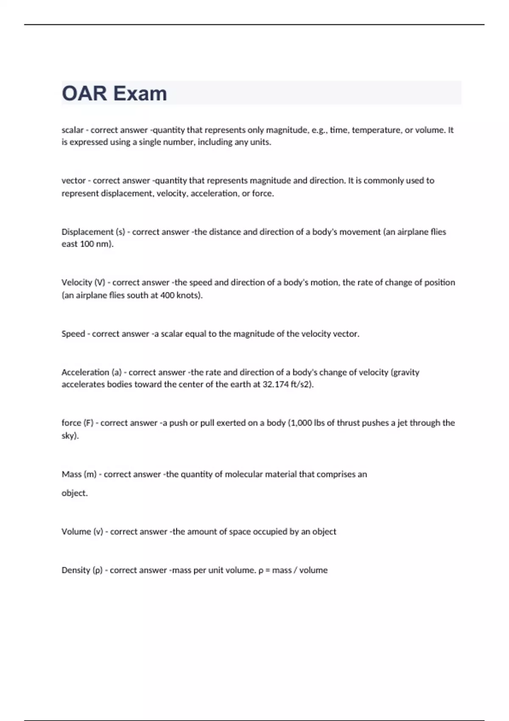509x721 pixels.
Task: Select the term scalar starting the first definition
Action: coord(73,130)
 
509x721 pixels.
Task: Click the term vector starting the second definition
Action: coord(74,181)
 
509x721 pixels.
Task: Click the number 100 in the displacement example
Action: coord(87,244)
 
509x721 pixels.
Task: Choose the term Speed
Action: coord(73,334)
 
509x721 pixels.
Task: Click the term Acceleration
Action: coord(85,372)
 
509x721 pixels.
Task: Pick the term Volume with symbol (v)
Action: coord(76,532)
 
